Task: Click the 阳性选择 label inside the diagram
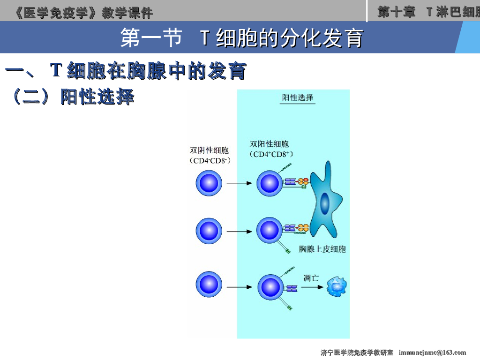(297, 98)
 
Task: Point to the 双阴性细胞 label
(209, 151)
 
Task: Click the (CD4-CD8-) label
(210, 161)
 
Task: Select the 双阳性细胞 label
(269, 144)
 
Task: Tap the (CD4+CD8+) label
(271, 154)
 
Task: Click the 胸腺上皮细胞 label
(322, 249)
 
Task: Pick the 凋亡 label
(311, 278)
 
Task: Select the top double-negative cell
(209, 183)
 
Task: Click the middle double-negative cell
(209, 231)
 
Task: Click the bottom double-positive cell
(270, 286)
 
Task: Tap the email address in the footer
(432, 352)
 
